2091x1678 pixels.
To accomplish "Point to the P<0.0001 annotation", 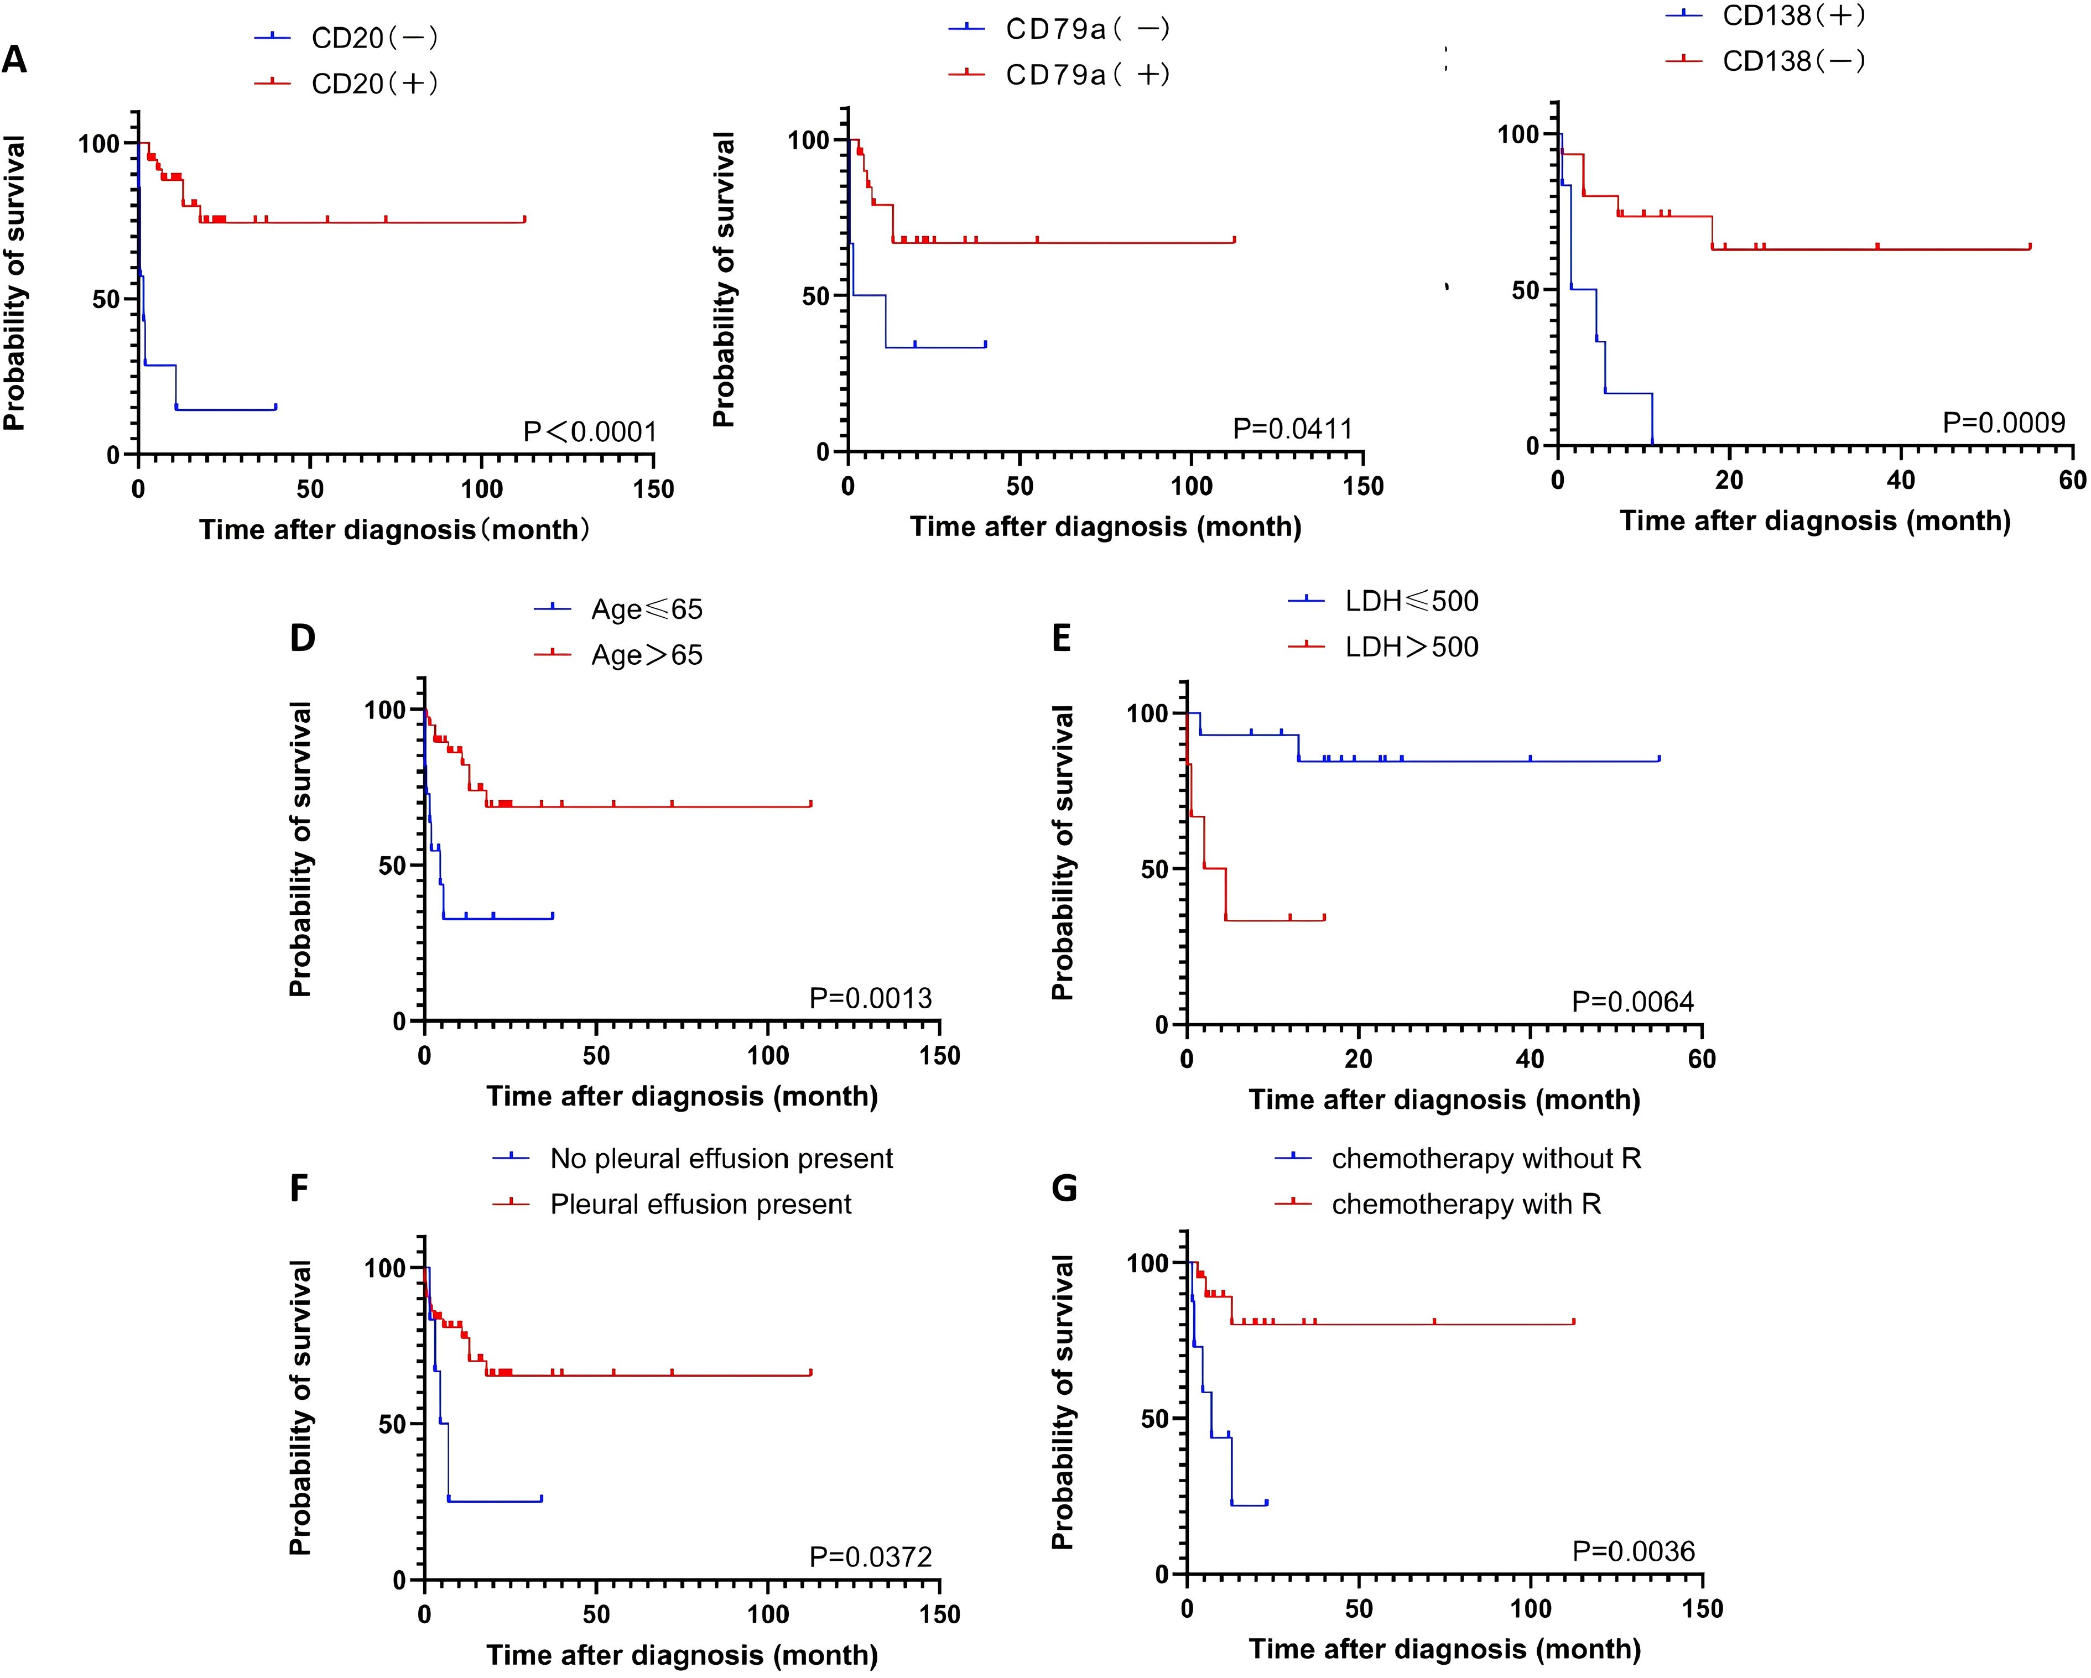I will pos(590,431).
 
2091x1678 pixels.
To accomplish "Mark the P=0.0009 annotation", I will pos(2004,423).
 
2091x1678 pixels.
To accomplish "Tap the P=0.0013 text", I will pos(870,998).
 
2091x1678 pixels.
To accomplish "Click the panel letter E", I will pos(1062,639).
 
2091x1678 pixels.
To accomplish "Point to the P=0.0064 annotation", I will pos(1633,1002).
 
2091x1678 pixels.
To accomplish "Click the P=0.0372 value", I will pos(870,1557).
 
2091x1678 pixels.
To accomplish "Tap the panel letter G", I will pos(1064,1189).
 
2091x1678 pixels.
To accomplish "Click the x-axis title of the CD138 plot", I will pos(1814,522).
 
